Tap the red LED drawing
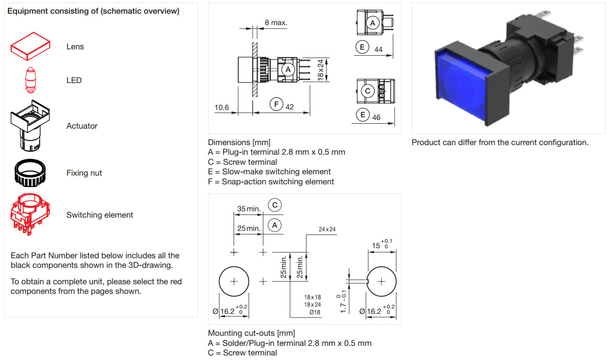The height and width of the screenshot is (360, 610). (30, 80)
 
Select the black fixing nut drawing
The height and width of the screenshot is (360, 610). (30, 173)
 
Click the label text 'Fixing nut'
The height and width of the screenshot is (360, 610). (84, 173)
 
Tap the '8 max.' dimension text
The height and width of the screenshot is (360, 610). (276, 22)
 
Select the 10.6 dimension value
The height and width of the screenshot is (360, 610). (222, 108)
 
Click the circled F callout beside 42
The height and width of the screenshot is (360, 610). (276, 104)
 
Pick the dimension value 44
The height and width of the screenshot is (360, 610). (378, 49)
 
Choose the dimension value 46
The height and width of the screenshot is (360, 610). (376, 117)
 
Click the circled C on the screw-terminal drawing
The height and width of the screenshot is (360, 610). (367, 91)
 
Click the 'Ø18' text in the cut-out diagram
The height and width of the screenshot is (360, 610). (315, 313)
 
